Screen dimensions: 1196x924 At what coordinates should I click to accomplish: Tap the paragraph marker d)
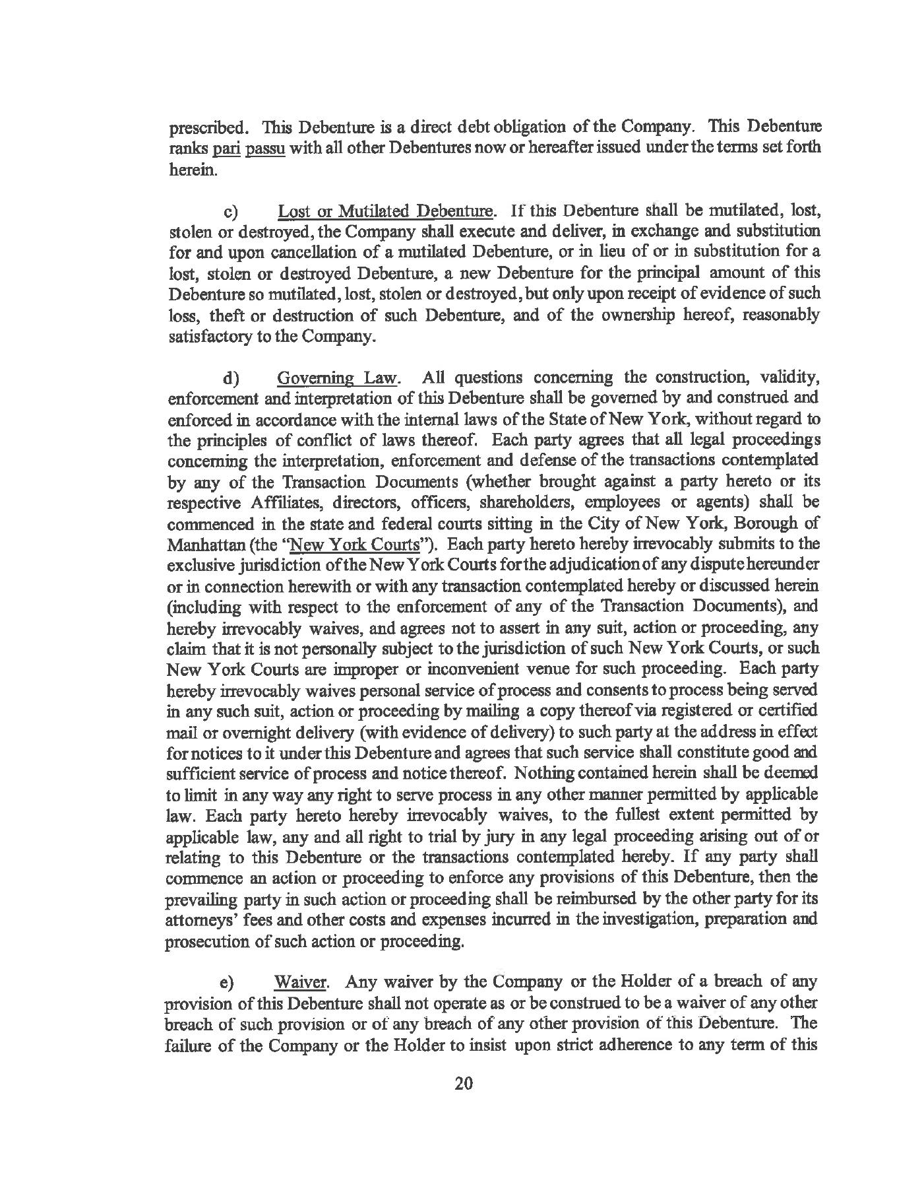(231, 378)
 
